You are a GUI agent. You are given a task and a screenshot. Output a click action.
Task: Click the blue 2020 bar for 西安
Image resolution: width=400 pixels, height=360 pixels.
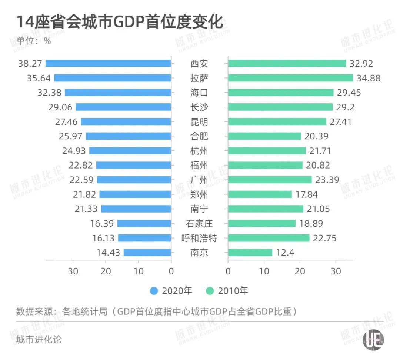[108, 63]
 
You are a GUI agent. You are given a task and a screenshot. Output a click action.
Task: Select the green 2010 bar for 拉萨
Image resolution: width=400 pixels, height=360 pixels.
[290, 78]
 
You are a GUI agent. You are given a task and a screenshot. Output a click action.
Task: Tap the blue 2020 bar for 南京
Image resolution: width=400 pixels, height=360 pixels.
[147, 253]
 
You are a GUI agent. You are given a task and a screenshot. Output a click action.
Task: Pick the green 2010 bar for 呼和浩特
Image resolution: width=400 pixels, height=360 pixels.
[269, 238]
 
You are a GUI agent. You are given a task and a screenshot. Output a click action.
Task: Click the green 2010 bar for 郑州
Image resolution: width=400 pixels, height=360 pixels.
[260, 194]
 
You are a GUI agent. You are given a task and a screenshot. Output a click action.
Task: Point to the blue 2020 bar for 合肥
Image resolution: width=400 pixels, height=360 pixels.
[128, 136]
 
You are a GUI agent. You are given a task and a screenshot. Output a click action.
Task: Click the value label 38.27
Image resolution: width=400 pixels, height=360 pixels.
[30, 63]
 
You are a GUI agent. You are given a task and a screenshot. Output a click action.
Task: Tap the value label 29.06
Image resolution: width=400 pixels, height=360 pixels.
[60, 107]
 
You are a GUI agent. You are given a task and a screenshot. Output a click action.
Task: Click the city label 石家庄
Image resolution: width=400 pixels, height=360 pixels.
[199, 224]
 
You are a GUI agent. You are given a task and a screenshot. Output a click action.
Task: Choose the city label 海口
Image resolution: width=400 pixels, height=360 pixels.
[199, 93]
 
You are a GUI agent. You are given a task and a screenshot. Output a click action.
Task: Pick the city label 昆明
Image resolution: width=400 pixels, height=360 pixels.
[199, 122]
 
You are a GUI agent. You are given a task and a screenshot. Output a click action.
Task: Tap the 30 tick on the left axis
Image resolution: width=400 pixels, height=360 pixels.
[73, 271]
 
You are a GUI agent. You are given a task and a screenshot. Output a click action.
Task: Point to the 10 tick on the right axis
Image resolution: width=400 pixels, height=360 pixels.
[264, 271]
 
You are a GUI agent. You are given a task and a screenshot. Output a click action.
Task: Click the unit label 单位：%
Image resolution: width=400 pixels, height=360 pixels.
[34, 41]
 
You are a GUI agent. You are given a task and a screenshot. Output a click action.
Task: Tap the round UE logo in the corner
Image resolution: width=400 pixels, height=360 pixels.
[373, 339]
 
